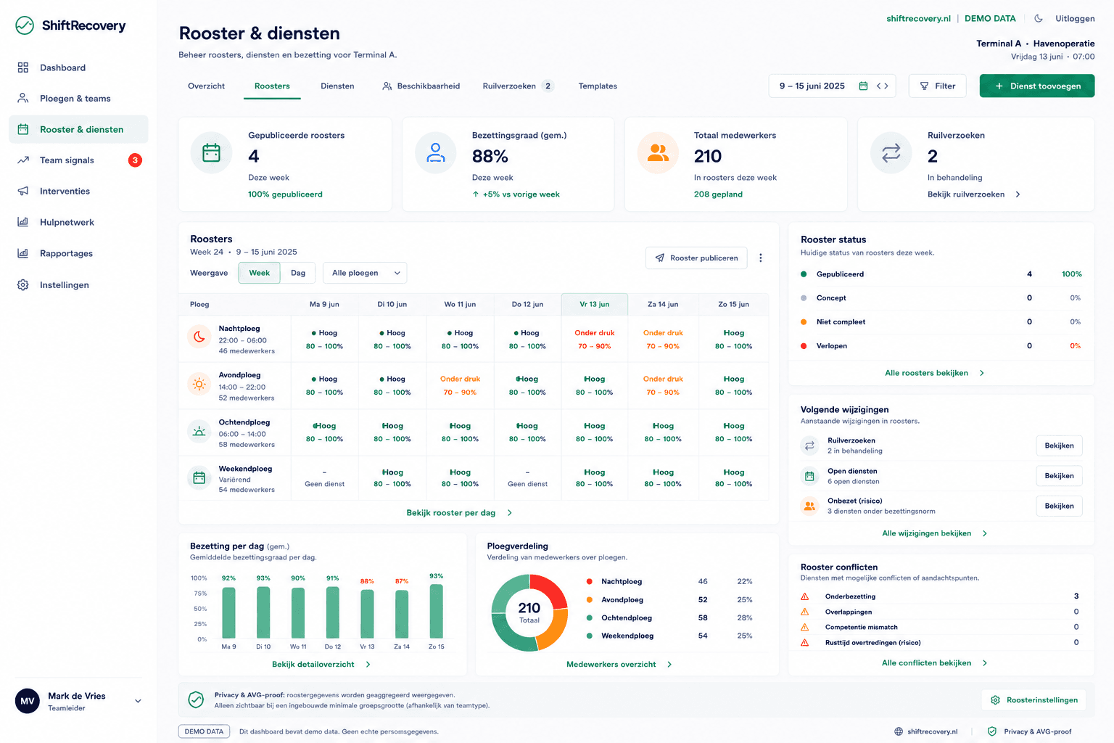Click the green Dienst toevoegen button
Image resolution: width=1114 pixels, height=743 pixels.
pos(1037,86)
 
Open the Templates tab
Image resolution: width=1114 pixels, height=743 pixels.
pos(598,86)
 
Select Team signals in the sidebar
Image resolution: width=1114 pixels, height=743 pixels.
pos(67,160)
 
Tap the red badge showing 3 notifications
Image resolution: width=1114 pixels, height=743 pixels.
pos(135,160)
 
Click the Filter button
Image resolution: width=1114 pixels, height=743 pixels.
pos(937,86)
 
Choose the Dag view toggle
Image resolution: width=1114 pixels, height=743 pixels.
pos(298,273)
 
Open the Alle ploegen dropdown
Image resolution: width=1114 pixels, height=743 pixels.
pos(365,273)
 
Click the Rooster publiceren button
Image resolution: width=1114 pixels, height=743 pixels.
pos(696,258)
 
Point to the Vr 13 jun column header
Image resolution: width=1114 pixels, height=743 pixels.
pos(594,304)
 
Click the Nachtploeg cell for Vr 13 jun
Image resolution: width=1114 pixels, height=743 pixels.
pos(594,340)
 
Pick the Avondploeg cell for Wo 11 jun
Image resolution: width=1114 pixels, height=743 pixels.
pos(460,386)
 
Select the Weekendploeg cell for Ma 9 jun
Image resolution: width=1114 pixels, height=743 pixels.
pos(324,477)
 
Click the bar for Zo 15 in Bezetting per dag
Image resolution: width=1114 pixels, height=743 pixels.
pos(436,611)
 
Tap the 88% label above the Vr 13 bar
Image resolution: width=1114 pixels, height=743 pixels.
pos(367,580)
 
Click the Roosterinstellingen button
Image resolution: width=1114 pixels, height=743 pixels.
pos(1034,699)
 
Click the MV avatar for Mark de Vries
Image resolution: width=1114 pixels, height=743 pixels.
pos(28,701)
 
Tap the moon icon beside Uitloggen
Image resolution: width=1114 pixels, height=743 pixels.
pos(1039,18)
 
